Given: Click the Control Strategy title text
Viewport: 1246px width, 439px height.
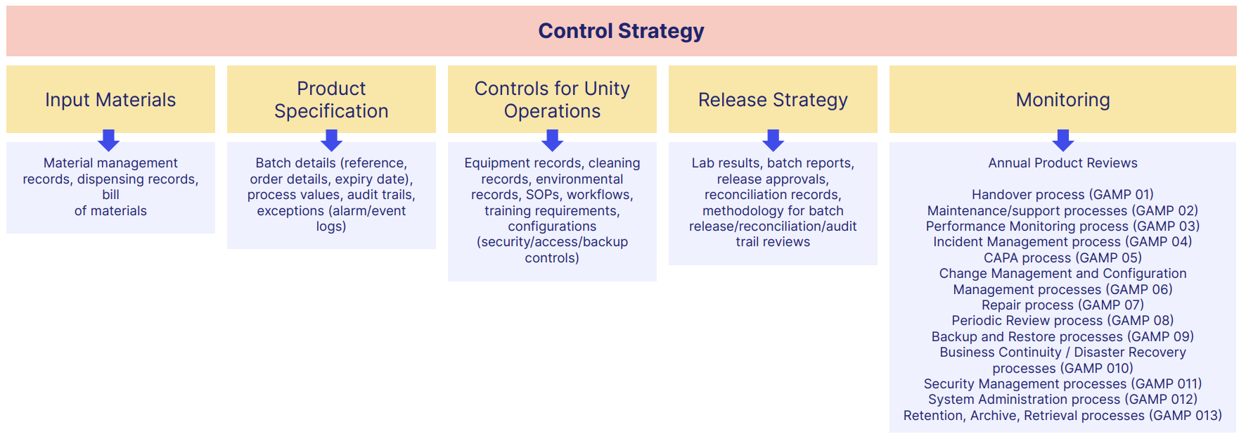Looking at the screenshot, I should coord(621,31).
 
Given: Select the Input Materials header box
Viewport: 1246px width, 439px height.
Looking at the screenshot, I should coord(110,99).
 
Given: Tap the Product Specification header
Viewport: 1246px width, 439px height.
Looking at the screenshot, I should coord(331,99).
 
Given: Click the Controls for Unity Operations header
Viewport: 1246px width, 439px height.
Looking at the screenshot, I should coord(552,99).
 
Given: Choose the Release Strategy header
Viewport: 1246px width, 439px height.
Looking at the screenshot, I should coord(773,99).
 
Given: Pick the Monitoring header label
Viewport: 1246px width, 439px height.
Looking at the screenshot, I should coord(1062,100).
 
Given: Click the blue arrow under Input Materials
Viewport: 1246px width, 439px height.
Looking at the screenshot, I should coord(108,139).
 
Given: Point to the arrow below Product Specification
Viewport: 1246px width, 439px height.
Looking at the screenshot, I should coord(331,139).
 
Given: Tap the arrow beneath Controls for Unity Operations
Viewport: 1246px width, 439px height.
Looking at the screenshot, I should coord(552,139).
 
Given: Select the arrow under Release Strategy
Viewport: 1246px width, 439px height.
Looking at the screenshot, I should coord(773,139).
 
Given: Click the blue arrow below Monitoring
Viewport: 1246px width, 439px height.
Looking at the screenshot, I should coord(1062,139).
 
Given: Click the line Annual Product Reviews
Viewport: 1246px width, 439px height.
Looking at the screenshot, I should coord(1062,163).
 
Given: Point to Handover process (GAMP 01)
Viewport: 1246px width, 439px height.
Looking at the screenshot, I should coord(1062,195).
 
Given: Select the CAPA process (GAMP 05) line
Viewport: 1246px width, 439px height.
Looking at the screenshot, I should coord(1062,258).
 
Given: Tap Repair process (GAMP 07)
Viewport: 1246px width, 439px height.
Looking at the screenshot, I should coord(1062,305).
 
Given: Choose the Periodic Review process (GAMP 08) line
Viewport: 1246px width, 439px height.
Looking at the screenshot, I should coord(1062,321).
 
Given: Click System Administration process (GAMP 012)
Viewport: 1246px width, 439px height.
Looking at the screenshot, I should coord(1062,400).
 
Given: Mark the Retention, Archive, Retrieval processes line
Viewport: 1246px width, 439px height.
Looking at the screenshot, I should coord(1062,416).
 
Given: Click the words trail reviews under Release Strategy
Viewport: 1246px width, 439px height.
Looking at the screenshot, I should coord(773,242).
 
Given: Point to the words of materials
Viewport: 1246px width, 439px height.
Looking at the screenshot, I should coord(110,211).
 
